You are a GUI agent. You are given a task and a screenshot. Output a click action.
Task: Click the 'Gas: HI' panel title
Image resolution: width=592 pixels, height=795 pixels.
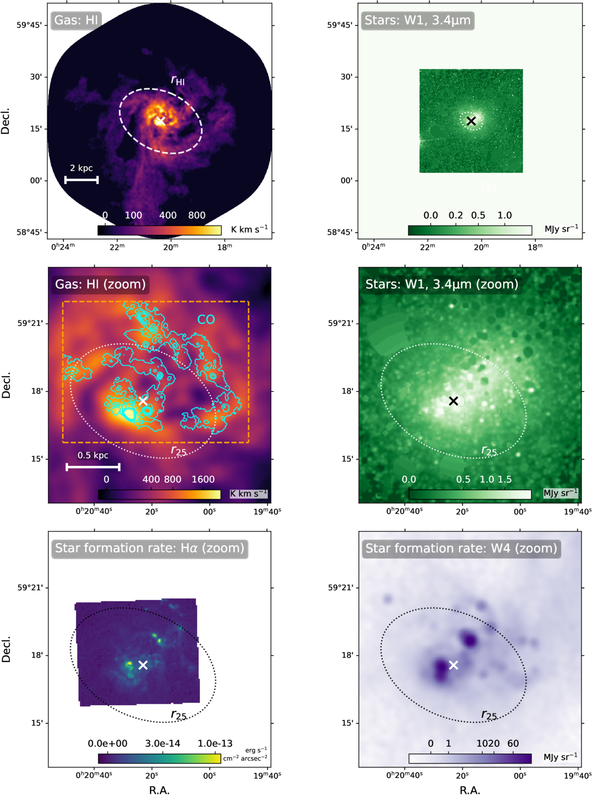[x=76, y=20]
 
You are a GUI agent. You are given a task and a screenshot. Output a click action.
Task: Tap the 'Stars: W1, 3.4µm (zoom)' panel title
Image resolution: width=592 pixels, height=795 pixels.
[x=442, y=284]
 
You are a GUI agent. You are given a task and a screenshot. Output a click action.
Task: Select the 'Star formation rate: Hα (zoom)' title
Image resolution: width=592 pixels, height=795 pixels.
[x=150, y=549]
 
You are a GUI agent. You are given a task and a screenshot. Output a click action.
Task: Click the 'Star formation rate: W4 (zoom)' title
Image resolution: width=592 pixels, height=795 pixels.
[x=461, y=549]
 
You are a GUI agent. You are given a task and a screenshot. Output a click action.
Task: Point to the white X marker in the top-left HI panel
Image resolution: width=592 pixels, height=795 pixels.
[x=160, y=121]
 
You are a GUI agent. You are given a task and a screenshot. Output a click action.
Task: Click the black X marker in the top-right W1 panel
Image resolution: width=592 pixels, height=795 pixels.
[x=471, y=121]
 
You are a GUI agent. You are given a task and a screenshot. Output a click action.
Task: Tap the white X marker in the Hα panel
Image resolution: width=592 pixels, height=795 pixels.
[x=142, y=665]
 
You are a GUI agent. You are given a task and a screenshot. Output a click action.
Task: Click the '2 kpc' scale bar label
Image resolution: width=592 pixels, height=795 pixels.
[x=81, y=168]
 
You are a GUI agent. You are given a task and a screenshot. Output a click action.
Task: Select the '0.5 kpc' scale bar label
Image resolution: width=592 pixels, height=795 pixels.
[x=93, y=455]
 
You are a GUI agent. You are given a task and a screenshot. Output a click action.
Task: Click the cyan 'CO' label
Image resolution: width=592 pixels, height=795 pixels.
[x=206, y=319]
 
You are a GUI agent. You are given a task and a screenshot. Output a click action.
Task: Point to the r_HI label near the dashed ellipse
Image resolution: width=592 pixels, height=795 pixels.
[x=178, y=80]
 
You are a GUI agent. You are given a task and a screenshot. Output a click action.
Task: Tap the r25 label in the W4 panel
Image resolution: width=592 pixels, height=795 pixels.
[x=489, y=715]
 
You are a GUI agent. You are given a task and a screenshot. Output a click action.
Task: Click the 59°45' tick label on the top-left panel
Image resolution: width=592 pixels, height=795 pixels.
[x=31, y=25]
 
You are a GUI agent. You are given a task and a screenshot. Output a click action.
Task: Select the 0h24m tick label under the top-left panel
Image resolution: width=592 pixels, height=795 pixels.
[x=63, y=246]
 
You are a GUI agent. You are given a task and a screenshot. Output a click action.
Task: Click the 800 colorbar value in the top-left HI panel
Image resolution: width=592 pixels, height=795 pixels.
[x=197, y=215]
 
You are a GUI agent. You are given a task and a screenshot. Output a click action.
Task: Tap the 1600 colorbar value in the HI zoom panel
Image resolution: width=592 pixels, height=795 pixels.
[x=203, y=479]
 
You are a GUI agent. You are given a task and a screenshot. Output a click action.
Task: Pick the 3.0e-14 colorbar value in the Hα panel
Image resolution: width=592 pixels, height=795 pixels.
[x=163, y=743]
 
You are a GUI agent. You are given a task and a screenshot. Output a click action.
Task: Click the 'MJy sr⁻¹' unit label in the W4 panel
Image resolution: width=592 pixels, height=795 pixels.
[x=561, y=757]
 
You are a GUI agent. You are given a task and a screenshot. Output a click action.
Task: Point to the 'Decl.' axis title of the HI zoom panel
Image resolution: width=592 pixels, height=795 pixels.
[x=6, y=385]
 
